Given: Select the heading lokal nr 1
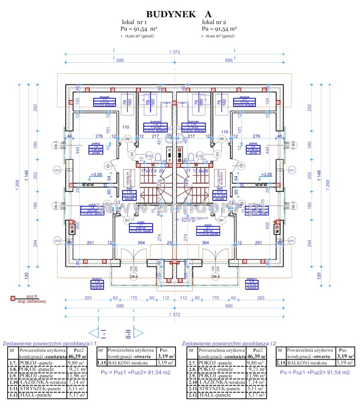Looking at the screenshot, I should [135, 22].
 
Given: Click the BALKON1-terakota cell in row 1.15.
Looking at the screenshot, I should [129, 363].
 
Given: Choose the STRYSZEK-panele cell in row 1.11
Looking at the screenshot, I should [40, 388].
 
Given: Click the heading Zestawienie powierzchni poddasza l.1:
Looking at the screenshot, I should [51, 343].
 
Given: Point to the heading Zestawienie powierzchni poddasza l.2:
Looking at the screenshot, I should [230, 343].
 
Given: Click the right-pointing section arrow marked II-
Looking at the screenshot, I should [138, 332].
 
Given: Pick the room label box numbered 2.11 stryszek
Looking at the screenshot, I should [242, 102].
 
